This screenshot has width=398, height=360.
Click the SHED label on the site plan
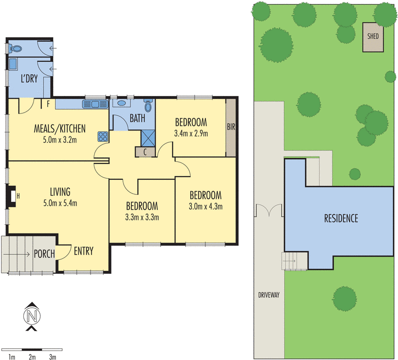(x=372, y=37)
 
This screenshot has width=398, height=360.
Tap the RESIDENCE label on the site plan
(x=341, y=218)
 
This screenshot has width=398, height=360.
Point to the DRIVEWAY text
(x=269, y=295)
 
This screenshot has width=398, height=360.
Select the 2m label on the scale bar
(x=32, y=357)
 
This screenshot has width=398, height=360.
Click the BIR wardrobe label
(x=230, y=127)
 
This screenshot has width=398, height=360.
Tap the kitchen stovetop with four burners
(x=103, y=136)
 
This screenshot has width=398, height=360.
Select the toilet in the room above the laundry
(x=16, y=49)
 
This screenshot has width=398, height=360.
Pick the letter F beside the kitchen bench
(x=48, y=105)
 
